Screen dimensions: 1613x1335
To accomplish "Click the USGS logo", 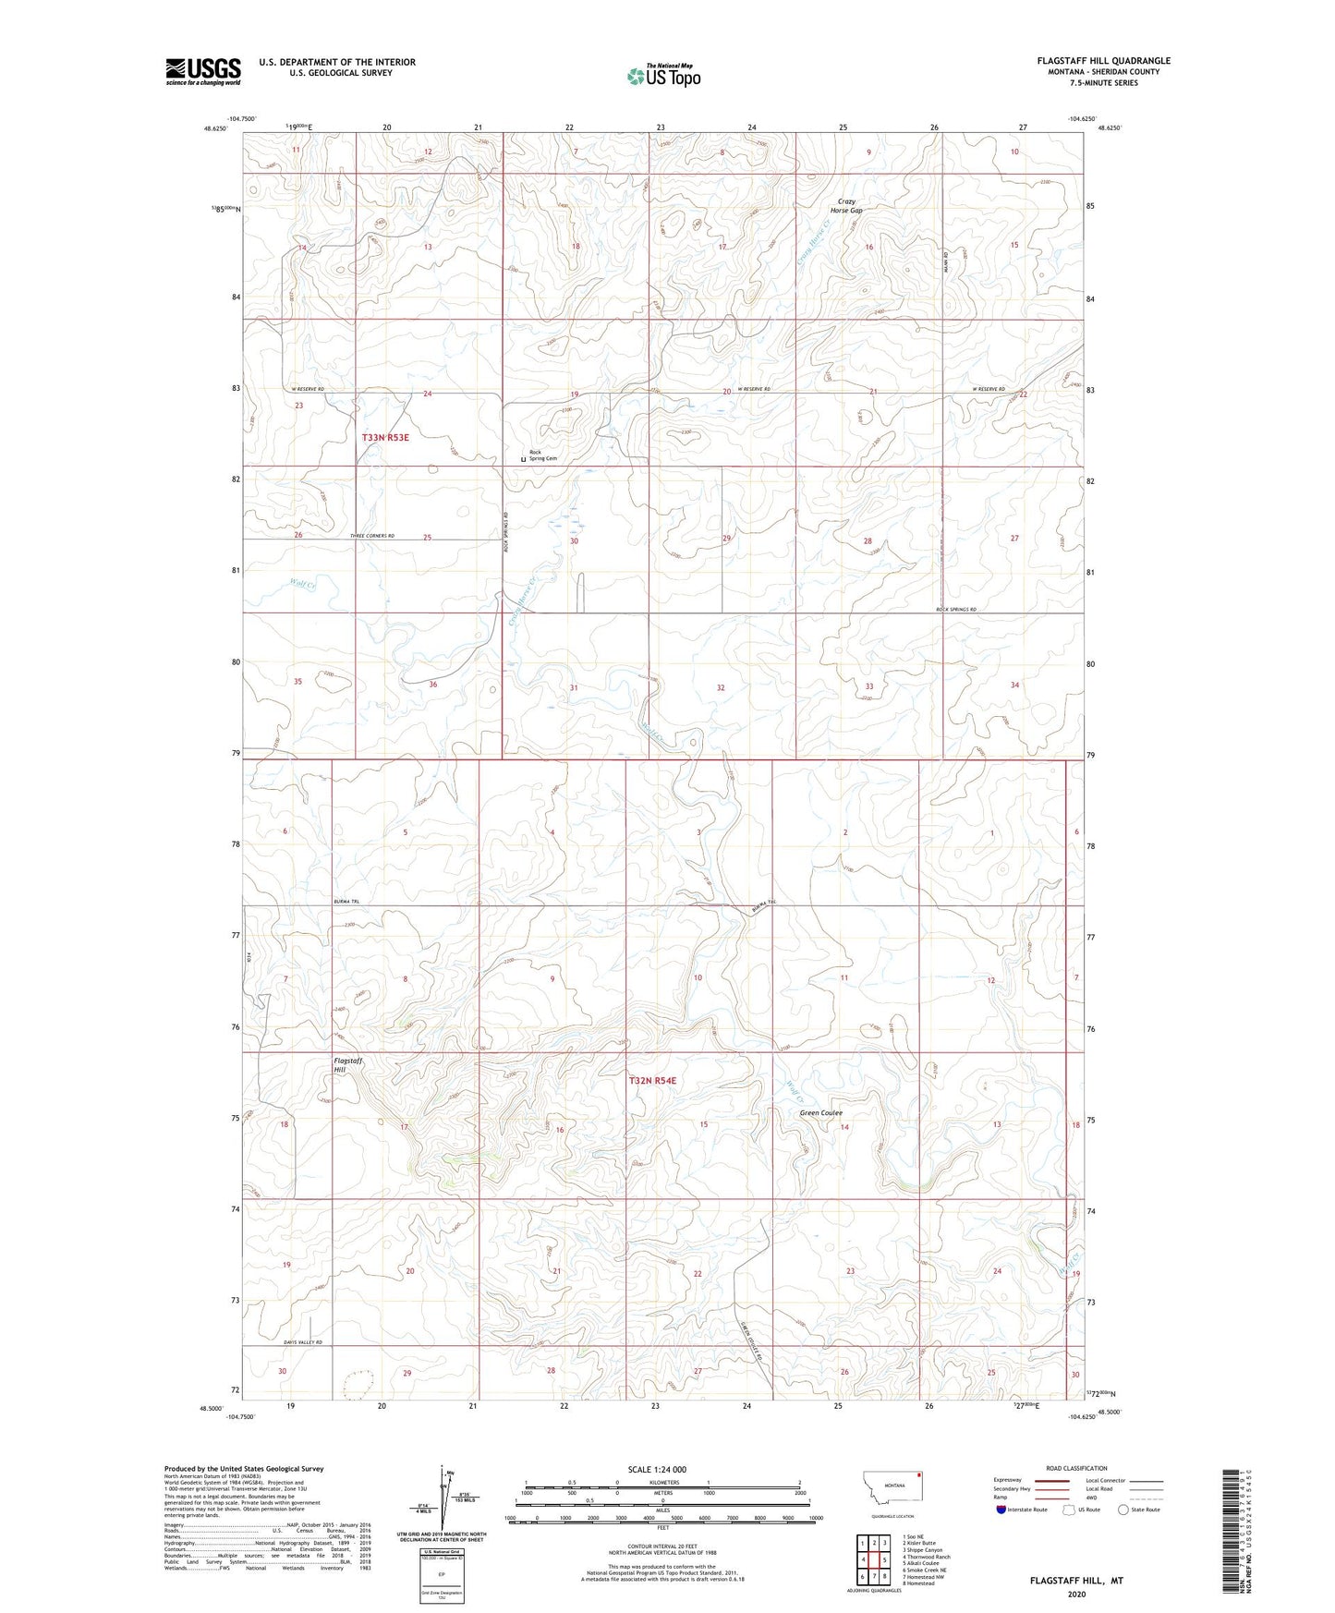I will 202,70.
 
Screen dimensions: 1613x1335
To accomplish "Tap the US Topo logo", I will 662,76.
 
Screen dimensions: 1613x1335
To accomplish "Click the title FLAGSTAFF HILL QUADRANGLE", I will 1103,61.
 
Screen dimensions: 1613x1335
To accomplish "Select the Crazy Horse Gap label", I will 846,206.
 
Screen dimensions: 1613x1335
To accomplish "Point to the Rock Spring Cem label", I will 543,455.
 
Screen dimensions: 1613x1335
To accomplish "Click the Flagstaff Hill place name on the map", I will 347,1066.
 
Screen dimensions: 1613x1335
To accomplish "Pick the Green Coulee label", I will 820,1113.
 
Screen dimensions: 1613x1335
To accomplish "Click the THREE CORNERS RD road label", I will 372,536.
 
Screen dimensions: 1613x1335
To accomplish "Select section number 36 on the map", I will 432,685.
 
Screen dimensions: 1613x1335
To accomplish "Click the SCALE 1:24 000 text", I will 657,1469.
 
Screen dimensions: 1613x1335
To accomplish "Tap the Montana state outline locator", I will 892,1485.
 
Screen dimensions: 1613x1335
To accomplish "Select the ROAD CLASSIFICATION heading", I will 1075,1468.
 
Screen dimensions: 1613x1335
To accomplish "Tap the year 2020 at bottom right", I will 1076,1594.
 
